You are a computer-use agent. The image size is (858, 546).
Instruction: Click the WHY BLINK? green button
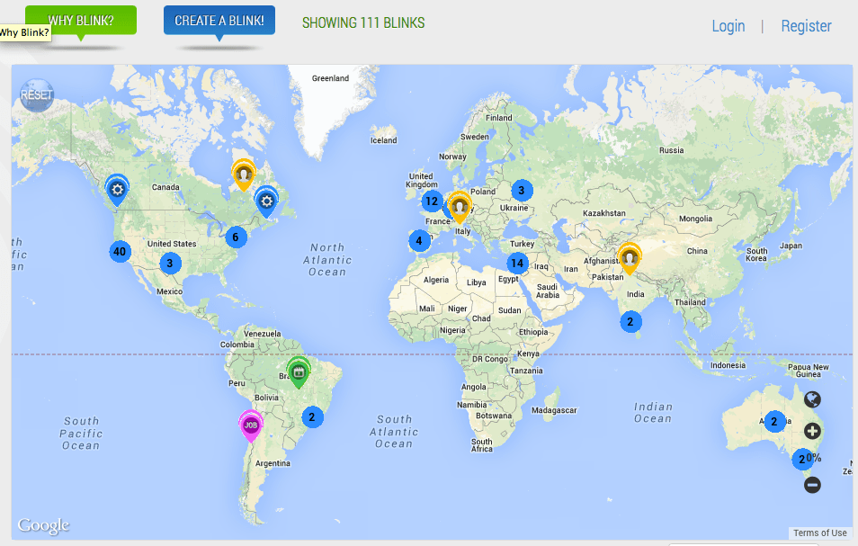pos(81,20)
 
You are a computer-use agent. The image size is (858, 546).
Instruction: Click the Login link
pos(728,26)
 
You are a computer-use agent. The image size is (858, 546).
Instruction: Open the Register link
pos(806,26)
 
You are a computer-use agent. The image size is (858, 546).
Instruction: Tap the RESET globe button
pos(37,95)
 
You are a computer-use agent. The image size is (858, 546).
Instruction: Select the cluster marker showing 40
pos(120,251)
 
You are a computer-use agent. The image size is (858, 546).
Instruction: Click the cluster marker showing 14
pos(516,264)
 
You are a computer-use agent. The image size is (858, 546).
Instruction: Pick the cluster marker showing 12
pos(432,201)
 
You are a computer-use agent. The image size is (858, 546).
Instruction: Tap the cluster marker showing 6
pos(235,237)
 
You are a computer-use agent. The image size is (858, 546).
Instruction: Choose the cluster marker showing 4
pos(418,240)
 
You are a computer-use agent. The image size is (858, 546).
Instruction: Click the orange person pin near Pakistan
pos(630,259)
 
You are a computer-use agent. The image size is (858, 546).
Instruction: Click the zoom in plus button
pos(812,431)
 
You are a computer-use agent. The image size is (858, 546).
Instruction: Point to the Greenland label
pos(330,78)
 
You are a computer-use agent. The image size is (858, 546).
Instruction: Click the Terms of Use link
pos(819,533)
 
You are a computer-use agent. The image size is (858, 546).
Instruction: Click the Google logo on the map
pos(43,526)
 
